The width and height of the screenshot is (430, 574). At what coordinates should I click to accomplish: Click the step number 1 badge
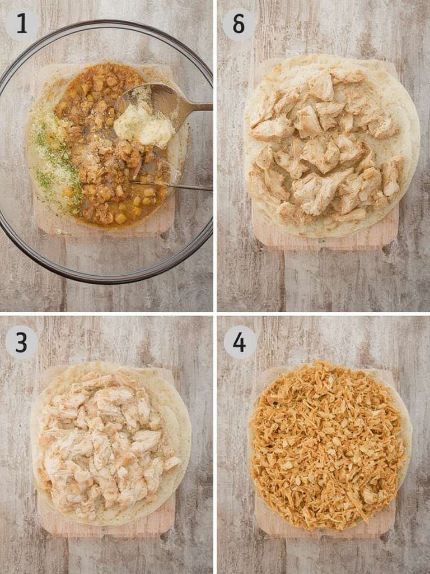coord(22,25)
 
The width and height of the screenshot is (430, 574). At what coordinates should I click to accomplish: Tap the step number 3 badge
coord(21,342)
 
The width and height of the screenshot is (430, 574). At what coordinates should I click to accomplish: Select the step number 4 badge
coord(240,342)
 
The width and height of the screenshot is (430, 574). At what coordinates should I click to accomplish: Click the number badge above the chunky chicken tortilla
coord(239,25)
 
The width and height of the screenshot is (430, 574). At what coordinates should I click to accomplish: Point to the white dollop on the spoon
coord(143,127)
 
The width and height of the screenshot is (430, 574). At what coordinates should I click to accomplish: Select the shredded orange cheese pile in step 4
coord(328,446)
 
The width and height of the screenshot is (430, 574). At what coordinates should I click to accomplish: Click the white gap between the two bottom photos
coord(215,443)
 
